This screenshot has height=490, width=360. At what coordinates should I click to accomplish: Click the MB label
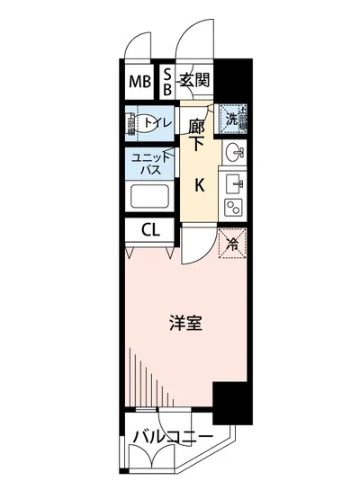pyautogui.click(x=139, y=83)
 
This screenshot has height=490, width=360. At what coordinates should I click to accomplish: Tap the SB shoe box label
pyautogui.click(x=167, y=83)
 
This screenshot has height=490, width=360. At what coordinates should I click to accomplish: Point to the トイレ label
pyautogui.click(x=158, y=121)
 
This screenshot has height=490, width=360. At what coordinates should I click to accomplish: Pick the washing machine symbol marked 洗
pyautogui.click(x=231, y=118)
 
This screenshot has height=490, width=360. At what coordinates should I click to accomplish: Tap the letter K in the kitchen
pyautogui.click(x=200, y=186)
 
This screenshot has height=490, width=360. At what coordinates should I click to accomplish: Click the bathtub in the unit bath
pyautogui.click(x=148, y=197)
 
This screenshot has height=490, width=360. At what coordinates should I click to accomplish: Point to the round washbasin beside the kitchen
pyautogui.click(x=233, y=150)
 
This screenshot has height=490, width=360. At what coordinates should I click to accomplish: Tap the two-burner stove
pyautogui.click(x=233, y=208)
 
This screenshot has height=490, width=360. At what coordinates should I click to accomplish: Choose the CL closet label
pyautogui.click(x=148, y=230)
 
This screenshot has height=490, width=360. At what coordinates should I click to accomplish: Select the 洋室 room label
pyautogui.click(x=185, y=322)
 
